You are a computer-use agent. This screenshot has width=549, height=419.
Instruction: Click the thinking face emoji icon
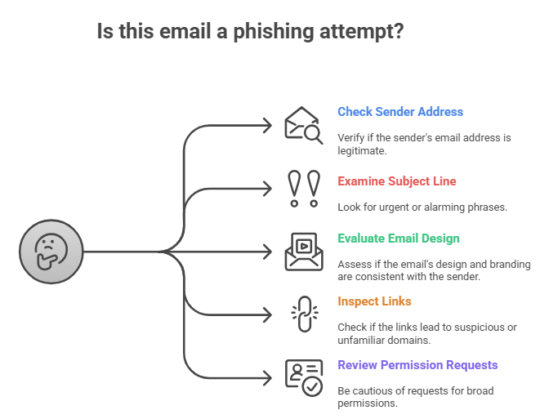pos(51,251)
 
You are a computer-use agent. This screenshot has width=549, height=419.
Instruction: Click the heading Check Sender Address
pos(400,112)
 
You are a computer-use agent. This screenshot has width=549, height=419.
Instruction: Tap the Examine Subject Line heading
pos(396,181)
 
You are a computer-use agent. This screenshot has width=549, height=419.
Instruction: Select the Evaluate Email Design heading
pos(399,238)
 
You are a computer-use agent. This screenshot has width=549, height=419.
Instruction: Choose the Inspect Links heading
pos(374,301)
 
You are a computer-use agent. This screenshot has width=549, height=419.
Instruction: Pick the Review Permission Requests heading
pos(417,365)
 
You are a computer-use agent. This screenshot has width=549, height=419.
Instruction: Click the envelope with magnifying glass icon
pos(302,125)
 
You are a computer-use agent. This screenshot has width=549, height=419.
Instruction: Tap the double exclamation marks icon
pos(302,188)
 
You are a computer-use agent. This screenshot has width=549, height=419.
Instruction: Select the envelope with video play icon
pos(302,251)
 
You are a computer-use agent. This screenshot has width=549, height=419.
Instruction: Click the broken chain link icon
pos(302,314)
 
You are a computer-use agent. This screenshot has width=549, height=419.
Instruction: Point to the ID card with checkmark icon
pos(302,377)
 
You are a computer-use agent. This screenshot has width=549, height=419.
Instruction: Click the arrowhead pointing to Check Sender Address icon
pos(266,125)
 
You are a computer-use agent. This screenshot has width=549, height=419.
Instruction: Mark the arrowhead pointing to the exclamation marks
pos(266,188)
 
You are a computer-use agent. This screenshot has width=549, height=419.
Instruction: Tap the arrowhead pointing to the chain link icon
pos(266,314)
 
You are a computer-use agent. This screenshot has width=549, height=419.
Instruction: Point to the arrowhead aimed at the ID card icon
pos(266,377)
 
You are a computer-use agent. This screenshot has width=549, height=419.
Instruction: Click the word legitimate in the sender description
pos(363,150)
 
